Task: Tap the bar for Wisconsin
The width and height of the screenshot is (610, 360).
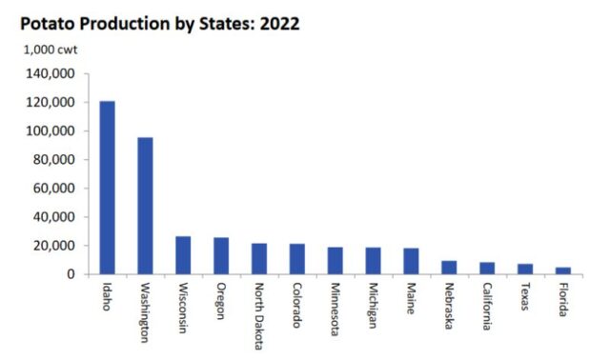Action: (183, 255)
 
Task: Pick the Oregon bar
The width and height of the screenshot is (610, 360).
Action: (221, 255)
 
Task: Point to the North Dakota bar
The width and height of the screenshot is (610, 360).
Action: (259, 258)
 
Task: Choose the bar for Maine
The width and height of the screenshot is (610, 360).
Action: (411, 261)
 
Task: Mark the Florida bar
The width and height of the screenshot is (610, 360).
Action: (563, 270)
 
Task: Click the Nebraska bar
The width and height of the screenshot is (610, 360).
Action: (449, 268)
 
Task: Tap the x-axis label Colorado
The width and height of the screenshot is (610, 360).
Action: (297, 305)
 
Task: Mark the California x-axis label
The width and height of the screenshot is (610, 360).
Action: (487, 306)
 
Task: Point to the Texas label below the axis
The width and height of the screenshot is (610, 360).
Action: (525, 295)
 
